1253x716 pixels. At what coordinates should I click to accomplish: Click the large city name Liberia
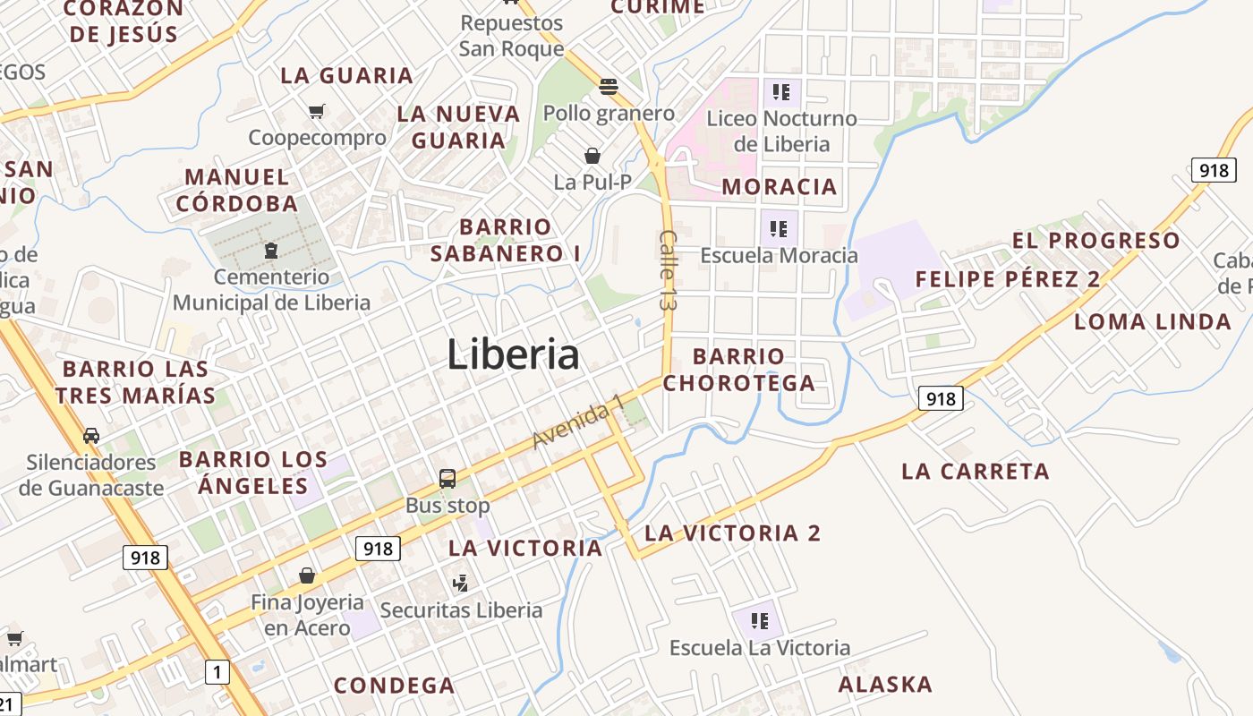click(x=513, y=354)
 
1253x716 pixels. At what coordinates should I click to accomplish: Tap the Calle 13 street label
click(x=668, y=270)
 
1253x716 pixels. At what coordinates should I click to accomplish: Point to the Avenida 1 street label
click(x=578, y=423)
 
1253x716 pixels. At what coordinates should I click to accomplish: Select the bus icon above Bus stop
click(x=447, y=479)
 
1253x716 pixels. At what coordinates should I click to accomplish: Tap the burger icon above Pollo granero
click(x=609, y=87)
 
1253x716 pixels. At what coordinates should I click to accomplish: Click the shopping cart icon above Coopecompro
click(x=316, y=111)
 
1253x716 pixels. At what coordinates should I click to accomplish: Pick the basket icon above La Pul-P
click(x=592, y=156)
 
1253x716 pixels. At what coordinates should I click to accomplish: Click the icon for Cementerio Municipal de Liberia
click(x=270, y=251)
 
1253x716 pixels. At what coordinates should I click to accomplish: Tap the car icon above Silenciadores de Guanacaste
click(x=90, y=436)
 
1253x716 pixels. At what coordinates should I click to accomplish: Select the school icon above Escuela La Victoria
click(x=760, y=620)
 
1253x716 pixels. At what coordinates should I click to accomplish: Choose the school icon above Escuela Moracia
click(x=779, y=228)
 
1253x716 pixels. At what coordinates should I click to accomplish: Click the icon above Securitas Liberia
click(x=461, y=584)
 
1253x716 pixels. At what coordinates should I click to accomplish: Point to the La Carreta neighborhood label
click(x=975, y=472)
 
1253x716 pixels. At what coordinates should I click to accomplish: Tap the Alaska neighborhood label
click(x=885, y=685)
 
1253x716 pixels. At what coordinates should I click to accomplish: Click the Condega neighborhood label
click(x=394, y=686)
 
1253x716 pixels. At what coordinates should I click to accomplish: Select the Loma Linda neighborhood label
click(x=1153, y=322)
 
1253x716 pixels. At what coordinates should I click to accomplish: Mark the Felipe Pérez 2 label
click(x=1007, y=279)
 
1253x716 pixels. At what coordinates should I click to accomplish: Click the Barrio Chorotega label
click(x=738, y=370)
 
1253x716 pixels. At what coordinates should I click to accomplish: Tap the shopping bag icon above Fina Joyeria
click(x=307, y=575)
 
